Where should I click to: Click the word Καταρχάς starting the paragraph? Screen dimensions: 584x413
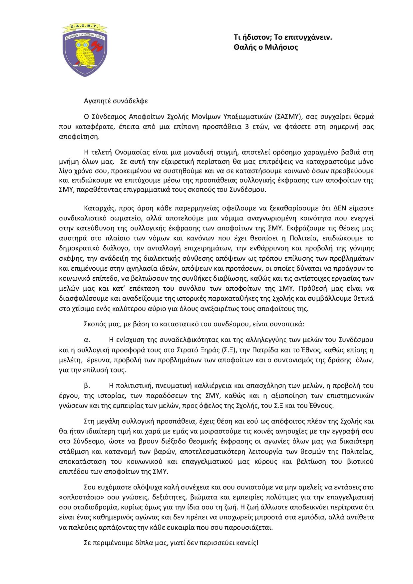(99, 208)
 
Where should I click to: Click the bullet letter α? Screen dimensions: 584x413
(87, 340)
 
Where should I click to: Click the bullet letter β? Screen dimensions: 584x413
(87, 386)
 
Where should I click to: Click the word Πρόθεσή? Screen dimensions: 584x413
(316, 288)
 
